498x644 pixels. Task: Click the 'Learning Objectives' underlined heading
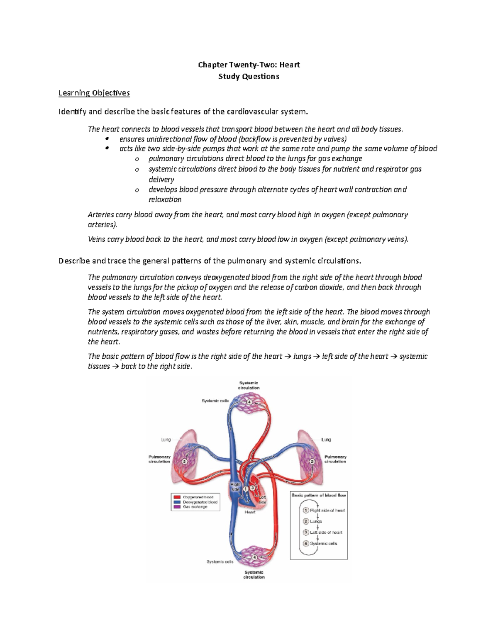point(94,93)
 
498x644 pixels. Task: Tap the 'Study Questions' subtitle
point(249,76)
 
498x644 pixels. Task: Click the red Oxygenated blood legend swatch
point(177,497)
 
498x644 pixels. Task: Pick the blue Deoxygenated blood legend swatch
point(177,502)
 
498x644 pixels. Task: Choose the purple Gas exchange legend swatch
point(177,507)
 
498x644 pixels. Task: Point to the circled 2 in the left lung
point(184,461)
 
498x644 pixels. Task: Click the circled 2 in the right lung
point(313,461)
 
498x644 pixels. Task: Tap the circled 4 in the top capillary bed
point(249,402)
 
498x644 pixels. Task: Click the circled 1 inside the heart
point(246,489)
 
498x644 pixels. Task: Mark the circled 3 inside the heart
point(252,488)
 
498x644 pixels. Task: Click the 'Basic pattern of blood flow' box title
point(319,495)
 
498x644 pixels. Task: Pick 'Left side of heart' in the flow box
point(326,532)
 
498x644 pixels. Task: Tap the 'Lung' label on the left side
point(166,440)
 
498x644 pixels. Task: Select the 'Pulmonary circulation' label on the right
point(335,459)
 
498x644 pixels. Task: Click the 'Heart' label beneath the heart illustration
point(250,512)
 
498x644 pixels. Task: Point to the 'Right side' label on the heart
point(235,487)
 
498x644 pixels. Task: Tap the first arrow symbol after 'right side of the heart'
point(289,357)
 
